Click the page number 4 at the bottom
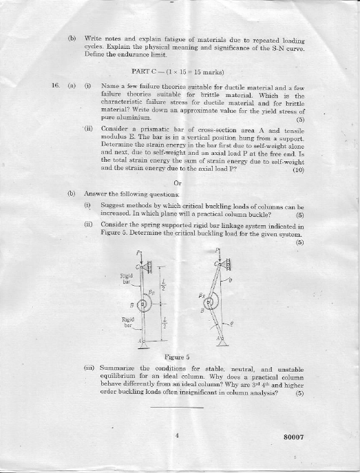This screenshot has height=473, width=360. pyautogui.click(x=177, y=435)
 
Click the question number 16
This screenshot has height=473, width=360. pyautogui.click(x=56, y=86)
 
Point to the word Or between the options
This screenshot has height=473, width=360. pyautogui.click(x=178, y=182)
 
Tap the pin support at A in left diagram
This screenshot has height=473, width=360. pyautogui.click(x=143, y=341)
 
